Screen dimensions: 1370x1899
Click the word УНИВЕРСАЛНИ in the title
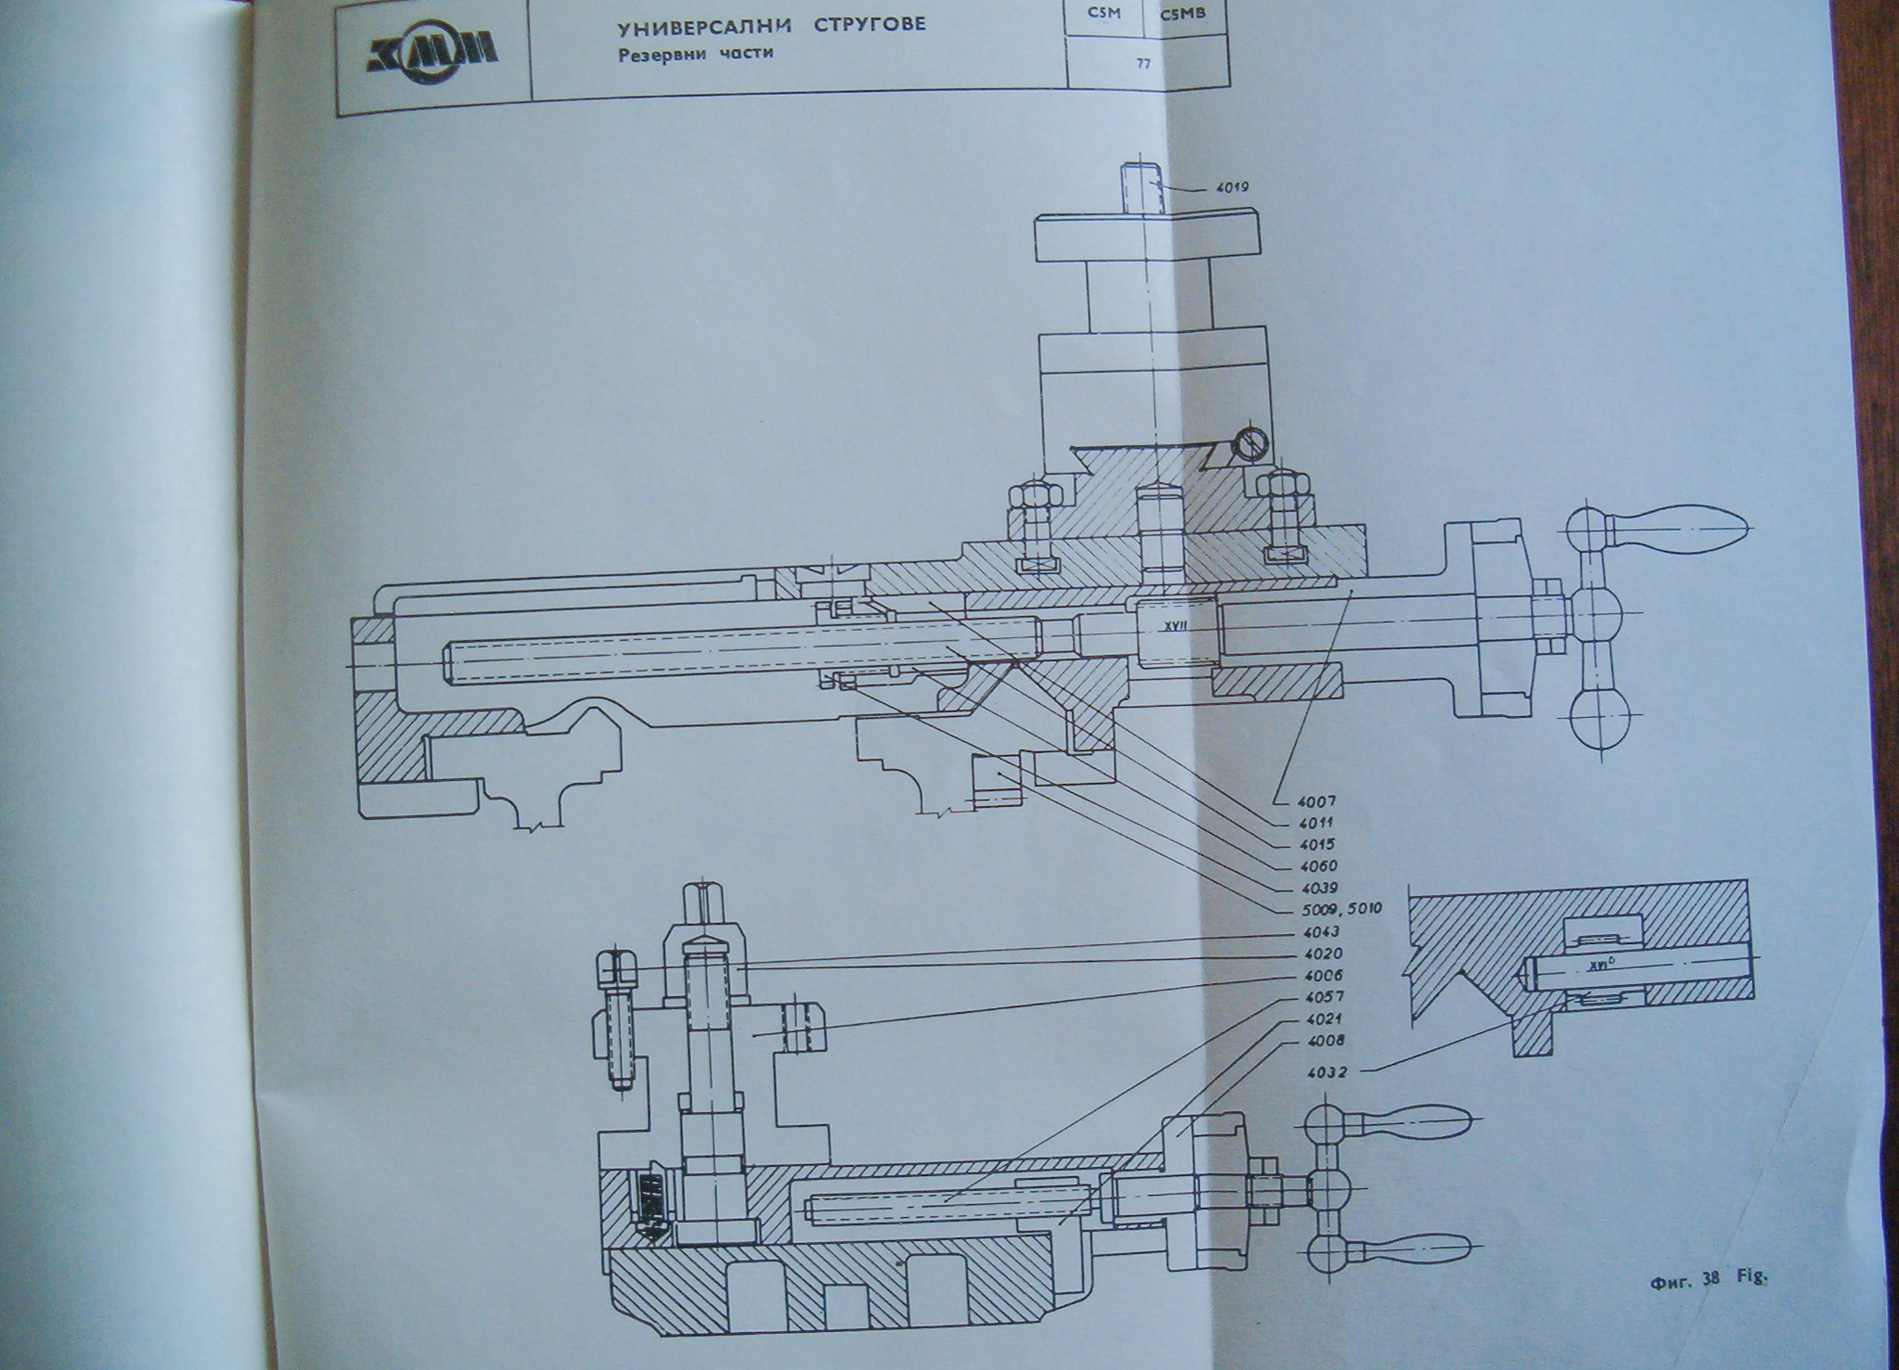click(704, 24)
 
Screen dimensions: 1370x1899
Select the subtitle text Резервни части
click(696, 54)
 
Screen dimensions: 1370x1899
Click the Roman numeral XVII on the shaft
click(1174, 626)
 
